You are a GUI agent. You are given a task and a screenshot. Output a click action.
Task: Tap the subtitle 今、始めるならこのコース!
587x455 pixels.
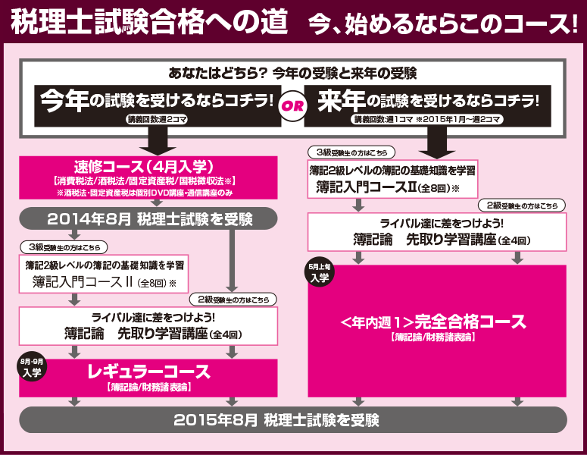[443, 24]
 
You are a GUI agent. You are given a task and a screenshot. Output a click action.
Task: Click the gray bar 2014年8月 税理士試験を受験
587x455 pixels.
[148, 219]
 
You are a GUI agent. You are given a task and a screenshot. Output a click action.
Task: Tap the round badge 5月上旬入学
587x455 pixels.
[319, 274]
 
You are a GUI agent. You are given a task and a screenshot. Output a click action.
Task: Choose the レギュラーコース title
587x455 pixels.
[148, 372]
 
